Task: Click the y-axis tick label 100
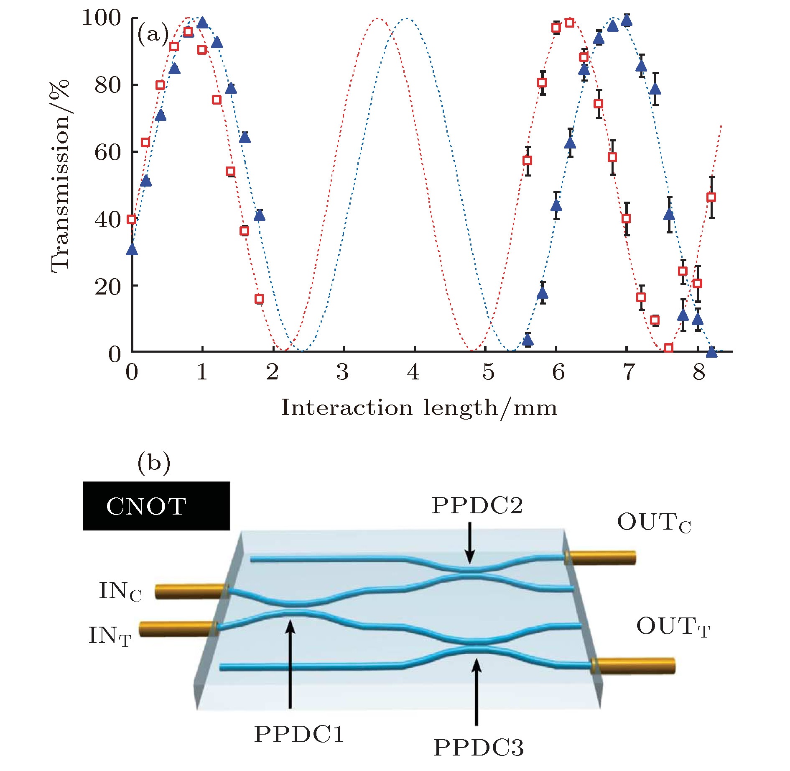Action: pos(101,18)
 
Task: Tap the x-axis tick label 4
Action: pos(413,371)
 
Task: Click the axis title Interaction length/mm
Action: pos(419,407)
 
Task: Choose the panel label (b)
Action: pos(154,463)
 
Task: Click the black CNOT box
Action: pos(156,506)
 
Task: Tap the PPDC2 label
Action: pos(477,505)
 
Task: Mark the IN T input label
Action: pos(110,635)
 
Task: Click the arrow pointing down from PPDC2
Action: pos(470,543)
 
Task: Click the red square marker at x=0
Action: pos(132,220)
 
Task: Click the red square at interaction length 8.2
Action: pos(711,197)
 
